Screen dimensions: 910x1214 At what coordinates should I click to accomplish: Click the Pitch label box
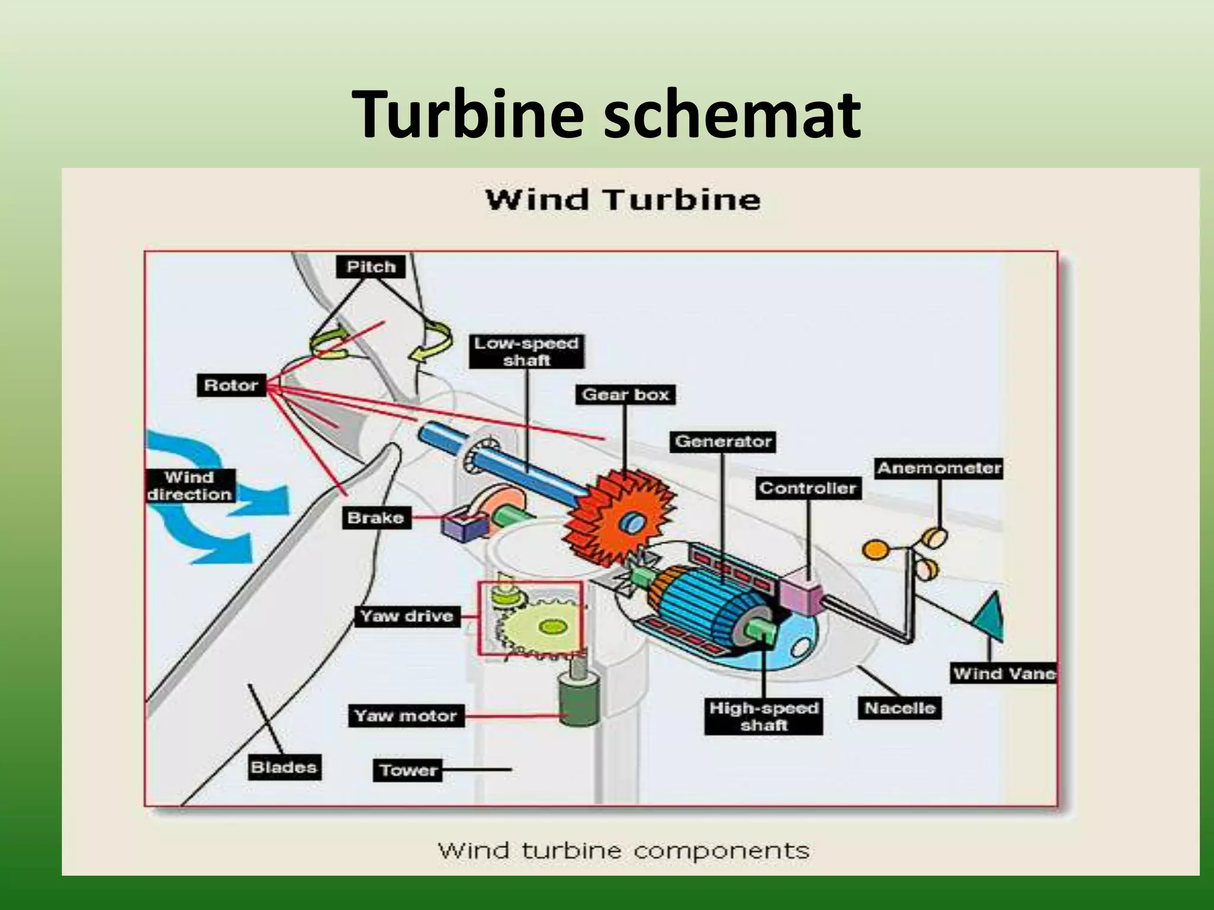pos(371,267)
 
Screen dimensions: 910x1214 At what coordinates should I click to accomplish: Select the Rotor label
pos(231,386)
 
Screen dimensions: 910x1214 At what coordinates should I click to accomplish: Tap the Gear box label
pos(625,395)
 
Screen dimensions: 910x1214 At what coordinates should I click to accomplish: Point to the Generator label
pos(723,441)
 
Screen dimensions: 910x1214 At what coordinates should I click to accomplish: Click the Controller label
pos(808,488)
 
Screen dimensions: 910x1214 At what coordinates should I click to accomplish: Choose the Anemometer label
pos(939,468)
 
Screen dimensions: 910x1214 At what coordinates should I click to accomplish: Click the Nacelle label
pos(899,708)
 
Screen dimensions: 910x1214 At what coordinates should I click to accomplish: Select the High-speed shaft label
pos(763,716)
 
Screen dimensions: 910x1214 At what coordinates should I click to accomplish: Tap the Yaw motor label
pos(405,716)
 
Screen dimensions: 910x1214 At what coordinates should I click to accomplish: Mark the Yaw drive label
pos(406,616)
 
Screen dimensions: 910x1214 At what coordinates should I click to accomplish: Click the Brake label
pos(375,518)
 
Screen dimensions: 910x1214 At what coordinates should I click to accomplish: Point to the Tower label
pos(408,770)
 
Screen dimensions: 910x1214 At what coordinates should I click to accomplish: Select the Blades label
pos(283,767)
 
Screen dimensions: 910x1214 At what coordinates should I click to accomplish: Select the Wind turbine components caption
pos(624,851)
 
